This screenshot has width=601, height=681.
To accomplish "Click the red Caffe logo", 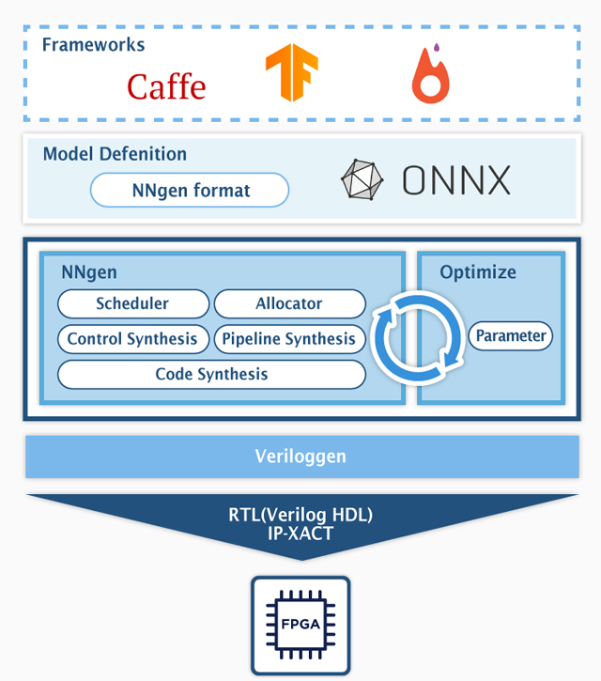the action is click(x=166, y=86).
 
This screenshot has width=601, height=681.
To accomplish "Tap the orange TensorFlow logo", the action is click(x=292, y=72).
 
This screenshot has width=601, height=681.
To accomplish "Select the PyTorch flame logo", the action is click(x=431, y=73).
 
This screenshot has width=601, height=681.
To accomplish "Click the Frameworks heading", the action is click(x=93, y=45).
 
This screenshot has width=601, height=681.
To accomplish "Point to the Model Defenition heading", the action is click(x=115, y=154).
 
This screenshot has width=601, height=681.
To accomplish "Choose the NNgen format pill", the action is click(x=190, y=190).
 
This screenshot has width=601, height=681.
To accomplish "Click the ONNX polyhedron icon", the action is click(x=362, y=179).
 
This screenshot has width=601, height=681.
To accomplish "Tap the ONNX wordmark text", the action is click(x=456, y=179).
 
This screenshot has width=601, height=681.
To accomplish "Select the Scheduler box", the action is click(x=133, y=303).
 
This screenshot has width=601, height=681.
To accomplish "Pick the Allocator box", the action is click(x=289, y=303).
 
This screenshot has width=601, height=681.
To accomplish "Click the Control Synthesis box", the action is click(x=133, y=339).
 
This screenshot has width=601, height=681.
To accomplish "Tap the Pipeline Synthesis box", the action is click(x=289, y=339).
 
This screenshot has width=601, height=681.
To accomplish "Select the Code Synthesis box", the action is click(x=211, y=374).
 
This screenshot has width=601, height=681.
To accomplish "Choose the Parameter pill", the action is click(x=510, y=335).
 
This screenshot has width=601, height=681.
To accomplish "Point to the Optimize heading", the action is click(x=478, y=272).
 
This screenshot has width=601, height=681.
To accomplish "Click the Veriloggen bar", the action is click(x=302, y=457).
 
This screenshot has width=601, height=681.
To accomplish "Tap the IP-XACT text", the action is click(x=300, y=534).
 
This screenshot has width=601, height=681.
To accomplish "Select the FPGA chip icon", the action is click(x=300, y=626).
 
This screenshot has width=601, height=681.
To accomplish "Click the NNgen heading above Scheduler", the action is click(x=89, y=272).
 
